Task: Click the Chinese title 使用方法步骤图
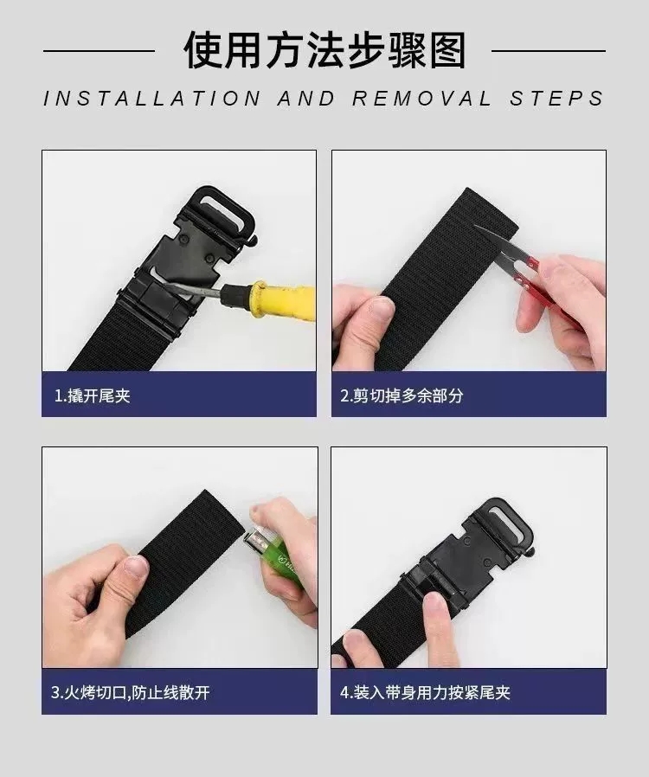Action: pyautogui.click(x=324, y=49)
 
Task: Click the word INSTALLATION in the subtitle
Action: pyautogui.click(x=151, y=98)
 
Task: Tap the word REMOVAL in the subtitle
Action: pyautogui.click(x=421, y=98)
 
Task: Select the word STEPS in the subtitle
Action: pyautogui.click(x=556, y=98)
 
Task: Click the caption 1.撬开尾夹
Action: pyautogui.click(x=93, y=396)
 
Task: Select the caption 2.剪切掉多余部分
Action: pyautogui.click(x=402, y=396)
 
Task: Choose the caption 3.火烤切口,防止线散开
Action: pyautogui.click(x=131, y=692)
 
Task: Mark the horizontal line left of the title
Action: pyautogui.click(x=99, y=51)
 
